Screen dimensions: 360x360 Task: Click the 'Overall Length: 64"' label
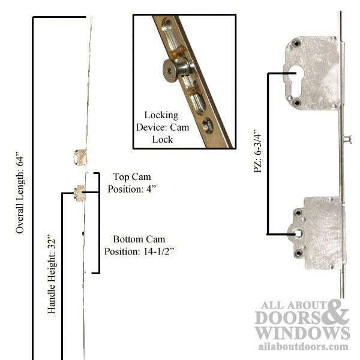click(20, 193)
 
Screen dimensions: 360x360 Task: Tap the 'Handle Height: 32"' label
click(51, 274)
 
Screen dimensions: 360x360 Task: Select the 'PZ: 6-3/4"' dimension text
click(257, 151)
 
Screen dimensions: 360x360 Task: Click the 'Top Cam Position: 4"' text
click(132, 183)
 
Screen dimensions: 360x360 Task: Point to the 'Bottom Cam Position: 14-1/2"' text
click(139, 245)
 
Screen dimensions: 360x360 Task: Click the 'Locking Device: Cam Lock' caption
click(163, 127)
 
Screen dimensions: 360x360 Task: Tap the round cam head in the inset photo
click(170, 71)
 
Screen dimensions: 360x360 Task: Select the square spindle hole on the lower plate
click(298, 233)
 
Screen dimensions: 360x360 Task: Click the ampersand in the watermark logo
click(335, 311)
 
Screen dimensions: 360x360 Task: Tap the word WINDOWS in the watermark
click(302, 333)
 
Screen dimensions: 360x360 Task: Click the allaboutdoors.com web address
click(303, 346)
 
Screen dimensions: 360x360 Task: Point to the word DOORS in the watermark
click(289, 317)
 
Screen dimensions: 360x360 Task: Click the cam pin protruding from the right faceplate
click(347, 139)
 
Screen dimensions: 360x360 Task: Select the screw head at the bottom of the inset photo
click(208, 125)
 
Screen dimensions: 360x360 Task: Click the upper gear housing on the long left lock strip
click(80, 157)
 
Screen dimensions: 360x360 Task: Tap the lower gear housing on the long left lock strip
click(79, 193)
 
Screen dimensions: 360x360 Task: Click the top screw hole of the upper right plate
click(296, 43)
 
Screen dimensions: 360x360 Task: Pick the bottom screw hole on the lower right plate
click(298, 253)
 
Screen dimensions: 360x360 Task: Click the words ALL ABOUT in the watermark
click(293, 305)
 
